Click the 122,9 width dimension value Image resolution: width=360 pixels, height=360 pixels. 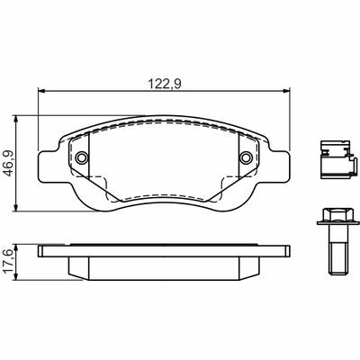[165, 84]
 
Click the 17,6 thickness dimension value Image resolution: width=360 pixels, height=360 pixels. [8, 263]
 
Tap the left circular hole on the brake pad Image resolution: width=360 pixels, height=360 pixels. [82, 157]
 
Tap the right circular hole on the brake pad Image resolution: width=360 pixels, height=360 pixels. [247, 157]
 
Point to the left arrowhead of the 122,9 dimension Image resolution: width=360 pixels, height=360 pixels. [41, 90]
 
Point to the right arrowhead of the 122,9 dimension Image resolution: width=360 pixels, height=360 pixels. [287, 90]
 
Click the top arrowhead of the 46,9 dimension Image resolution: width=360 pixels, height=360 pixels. [17, 119]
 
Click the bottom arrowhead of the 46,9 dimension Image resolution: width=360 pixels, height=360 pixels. [17, 208]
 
